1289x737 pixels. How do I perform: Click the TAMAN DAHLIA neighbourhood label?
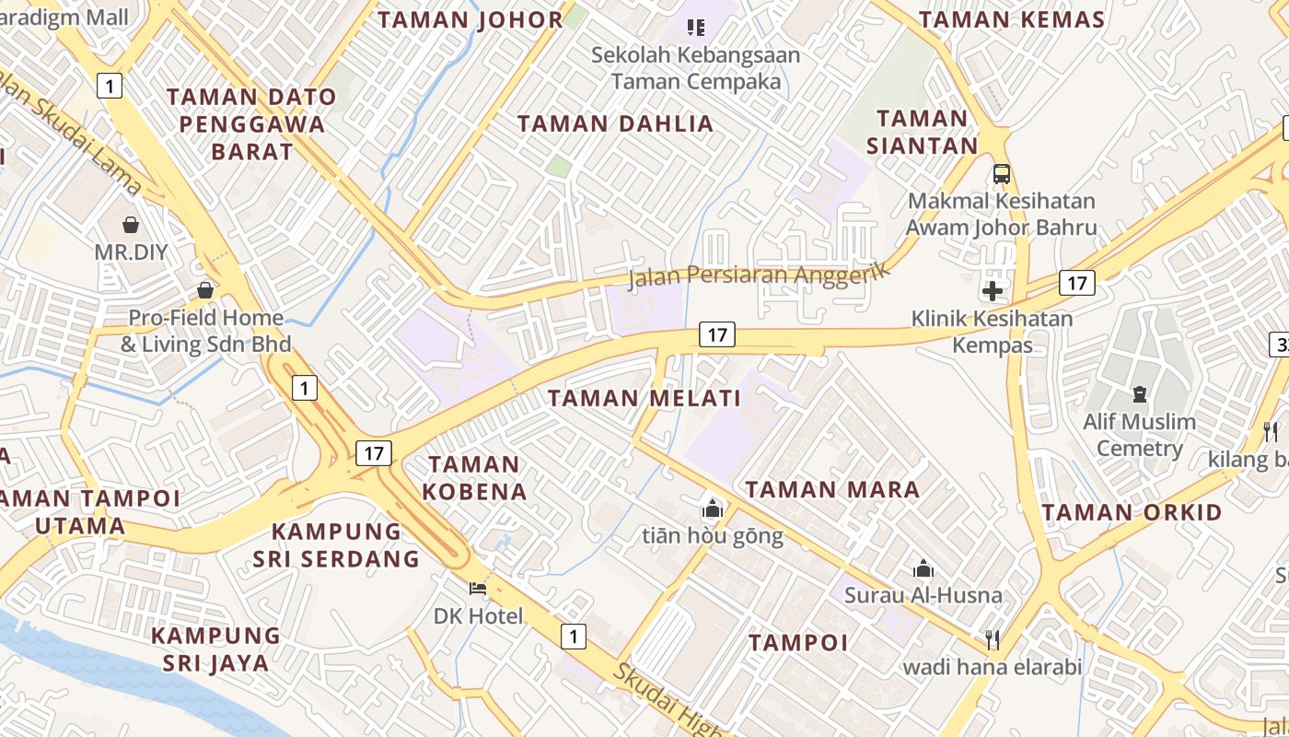[615, 123]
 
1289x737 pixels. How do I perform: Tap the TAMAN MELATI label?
[644, 398]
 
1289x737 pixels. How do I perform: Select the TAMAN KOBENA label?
[475, 477]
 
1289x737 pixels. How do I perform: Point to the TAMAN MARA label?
[832, 489]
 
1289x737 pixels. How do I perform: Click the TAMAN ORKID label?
[1132, 512]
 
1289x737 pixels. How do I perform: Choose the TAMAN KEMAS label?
[1012, 19]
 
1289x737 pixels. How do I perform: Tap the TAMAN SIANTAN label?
[922, 132]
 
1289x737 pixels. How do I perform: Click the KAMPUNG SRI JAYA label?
[216, 649]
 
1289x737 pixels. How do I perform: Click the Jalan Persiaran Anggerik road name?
[760, 274]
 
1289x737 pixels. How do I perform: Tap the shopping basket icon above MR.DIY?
[131, 224]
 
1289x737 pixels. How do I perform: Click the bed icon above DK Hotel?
[478, 588]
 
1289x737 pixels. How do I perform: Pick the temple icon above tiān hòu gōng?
[713, 509]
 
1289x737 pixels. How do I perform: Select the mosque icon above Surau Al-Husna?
[923, 568]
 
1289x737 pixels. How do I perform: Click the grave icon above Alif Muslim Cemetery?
[1140, 394]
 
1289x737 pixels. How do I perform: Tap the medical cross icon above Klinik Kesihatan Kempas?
[992, 292]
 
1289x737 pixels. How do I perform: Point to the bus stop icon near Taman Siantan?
[1002, 173]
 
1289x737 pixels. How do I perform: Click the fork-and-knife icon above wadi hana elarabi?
[993, 638]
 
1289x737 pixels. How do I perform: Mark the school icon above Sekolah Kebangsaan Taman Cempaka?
[696, 28]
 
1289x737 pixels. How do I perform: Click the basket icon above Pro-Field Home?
[205, 290]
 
